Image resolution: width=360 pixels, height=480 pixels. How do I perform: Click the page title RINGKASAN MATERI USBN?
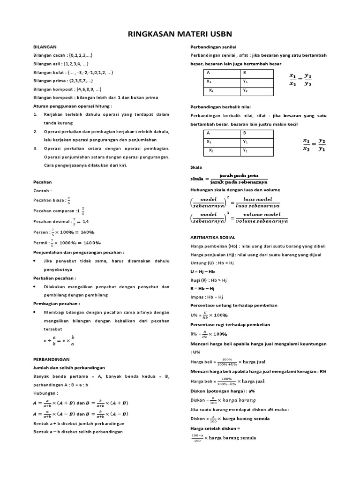coord(180,34)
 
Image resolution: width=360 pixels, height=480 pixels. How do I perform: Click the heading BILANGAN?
coord(45,47)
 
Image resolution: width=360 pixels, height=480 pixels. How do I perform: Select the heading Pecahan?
coord(43,182)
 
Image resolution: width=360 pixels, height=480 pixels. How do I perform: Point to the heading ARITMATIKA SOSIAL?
coord(212,238)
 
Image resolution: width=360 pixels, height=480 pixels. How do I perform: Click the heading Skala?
coord(195,167)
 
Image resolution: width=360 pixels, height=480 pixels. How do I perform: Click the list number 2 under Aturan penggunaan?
coord(35,132)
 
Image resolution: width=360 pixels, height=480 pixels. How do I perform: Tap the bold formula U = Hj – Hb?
coord(202,271)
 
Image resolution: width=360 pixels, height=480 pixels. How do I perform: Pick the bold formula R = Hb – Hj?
coord(202,288)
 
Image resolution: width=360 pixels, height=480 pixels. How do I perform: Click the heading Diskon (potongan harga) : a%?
coord(222,391)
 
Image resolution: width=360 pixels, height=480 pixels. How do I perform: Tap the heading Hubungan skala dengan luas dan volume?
coord(235,190)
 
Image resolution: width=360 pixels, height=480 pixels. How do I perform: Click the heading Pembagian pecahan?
coord(57,304)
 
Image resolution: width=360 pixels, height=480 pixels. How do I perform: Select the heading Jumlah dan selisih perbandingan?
coord(69,367)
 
